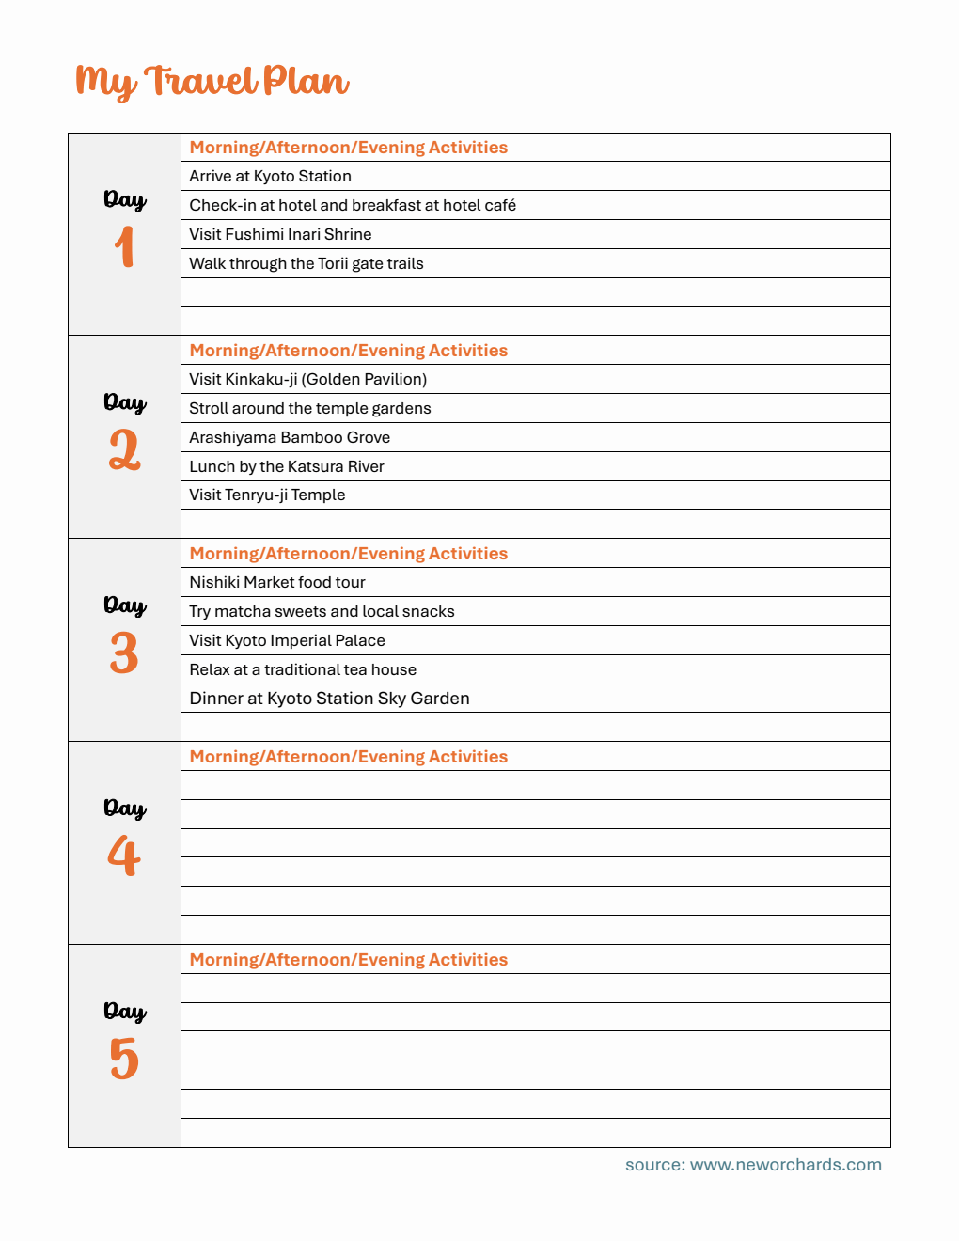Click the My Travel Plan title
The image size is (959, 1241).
212,82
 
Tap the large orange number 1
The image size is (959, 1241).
124,247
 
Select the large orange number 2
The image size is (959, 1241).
124,449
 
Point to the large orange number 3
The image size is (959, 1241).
124,652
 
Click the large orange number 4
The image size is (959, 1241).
124,856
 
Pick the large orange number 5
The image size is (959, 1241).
124,1059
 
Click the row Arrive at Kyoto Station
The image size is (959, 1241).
270,176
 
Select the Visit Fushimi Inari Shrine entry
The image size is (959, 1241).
280,234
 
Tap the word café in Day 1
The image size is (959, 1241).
499,205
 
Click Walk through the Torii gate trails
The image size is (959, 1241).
307,263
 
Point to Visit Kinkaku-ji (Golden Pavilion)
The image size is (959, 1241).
307,379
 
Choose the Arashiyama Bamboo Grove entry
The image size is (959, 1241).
290,437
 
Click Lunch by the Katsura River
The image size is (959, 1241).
287,466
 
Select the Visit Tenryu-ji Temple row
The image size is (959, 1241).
267,495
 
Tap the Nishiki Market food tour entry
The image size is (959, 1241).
277,582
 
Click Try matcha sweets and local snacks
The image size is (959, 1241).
322,611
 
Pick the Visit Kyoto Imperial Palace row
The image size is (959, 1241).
287,640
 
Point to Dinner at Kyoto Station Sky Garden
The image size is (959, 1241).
329,699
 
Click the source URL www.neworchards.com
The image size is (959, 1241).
785,1165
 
